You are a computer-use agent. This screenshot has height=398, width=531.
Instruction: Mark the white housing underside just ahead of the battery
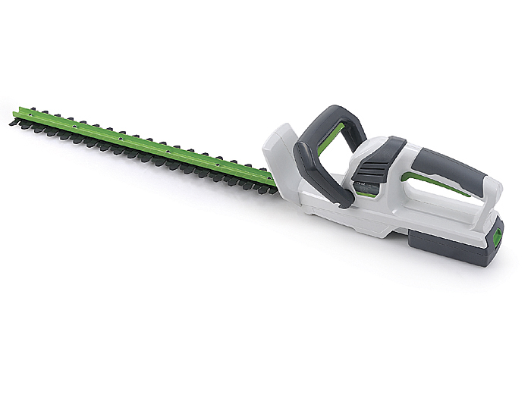(x=364, y=227)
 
